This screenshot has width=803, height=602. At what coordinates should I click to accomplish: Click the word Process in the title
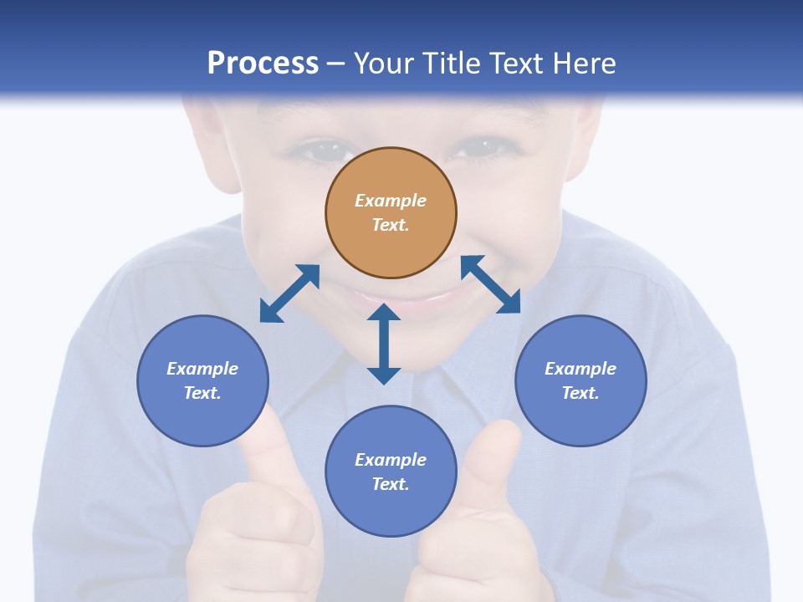(x=263, y=64)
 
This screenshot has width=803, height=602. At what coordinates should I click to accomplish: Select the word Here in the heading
(x=583, y=64)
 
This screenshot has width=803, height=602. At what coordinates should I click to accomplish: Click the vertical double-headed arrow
(x=384, y=344)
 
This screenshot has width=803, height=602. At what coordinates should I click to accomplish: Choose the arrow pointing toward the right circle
(x=490, y=284)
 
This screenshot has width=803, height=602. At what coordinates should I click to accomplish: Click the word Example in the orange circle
(x=391, y=201)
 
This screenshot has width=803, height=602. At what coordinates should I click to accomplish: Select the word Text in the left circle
(x=202, y=393)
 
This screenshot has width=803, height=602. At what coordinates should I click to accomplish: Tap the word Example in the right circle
(x=581, y=369)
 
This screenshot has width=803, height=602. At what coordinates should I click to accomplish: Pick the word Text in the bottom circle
(x=390, y=484)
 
